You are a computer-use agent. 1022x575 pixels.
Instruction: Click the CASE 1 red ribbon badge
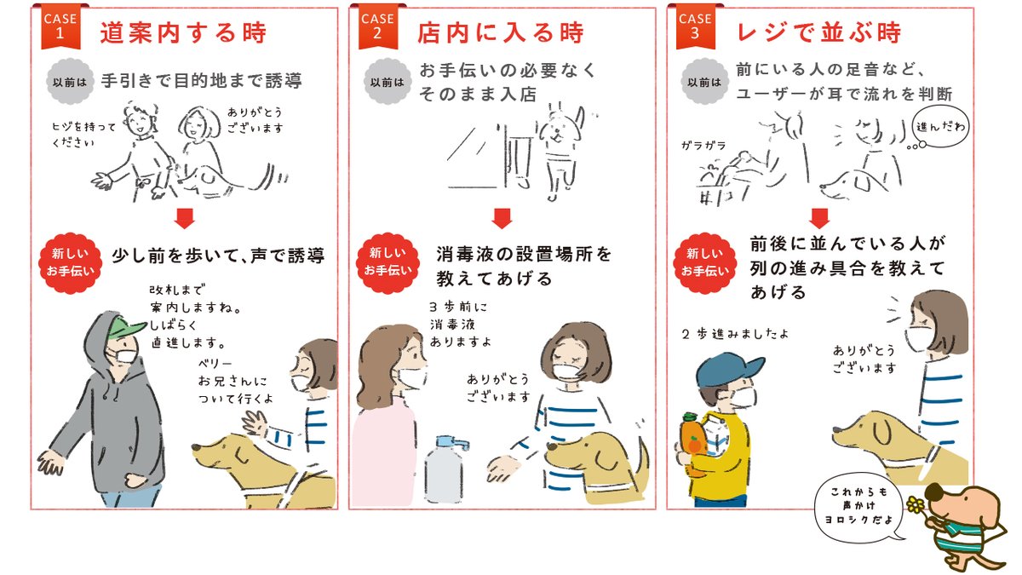click(60, 26)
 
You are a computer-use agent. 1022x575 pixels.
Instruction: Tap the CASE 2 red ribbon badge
click(378, 26)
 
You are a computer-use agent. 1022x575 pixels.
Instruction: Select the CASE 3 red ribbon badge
click(695, 26)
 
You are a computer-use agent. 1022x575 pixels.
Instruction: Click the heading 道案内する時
click(183, 33)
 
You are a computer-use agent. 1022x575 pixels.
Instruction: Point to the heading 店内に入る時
click(501, 33)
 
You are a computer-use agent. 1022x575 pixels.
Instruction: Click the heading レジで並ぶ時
click(818, 33)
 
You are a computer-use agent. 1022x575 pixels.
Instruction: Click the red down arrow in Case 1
click(184, 219)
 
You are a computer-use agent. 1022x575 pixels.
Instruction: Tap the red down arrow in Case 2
click(502, 219)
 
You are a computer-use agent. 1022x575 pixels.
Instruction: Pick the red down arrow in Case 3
click(819, 219)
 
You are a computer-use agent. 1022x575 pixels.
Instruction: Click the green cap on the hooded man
click(124, 329)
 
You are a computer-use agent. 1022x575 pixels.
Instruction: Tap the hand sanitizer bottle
click(445, 470)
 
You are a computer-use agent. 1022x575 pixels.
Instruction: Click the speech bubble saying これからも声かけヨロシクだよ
click(859, 508)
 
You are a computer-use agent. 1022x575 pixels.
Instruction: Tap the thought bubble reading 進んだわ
click(940, 127)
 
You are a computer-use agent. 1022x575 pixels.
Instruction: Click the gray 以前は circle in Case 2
click(388, 82)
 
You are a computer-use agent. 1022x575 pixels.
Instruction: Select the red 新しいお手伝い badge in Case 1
click(70, 262)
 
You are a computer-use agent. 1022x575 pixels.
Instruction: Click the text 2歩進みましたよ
click(735, 335)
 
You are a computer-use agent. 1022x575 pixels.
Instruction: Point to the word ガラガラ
click(703, 146)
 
